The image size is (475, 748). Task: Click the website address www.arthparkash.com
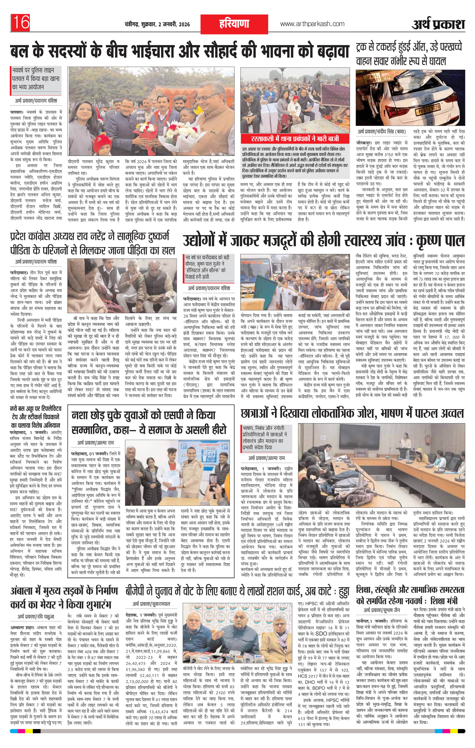[312, 24]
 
